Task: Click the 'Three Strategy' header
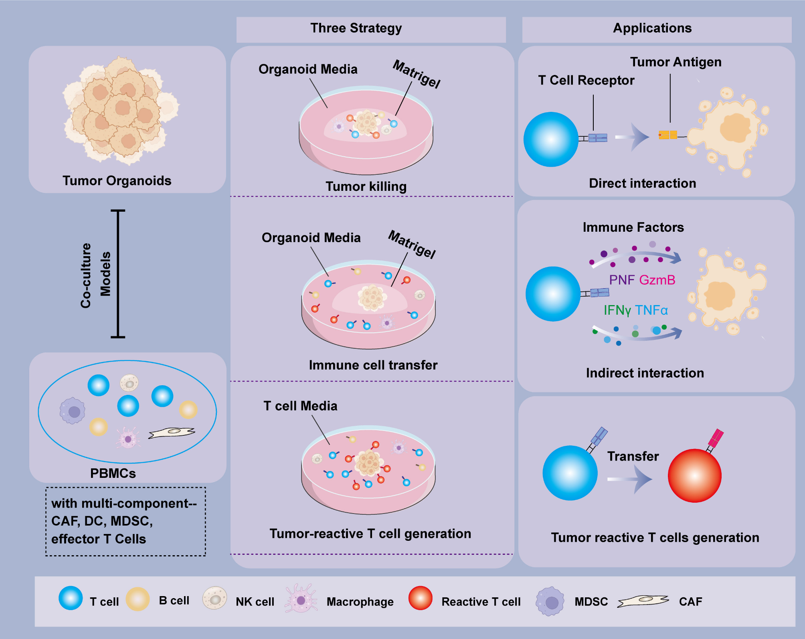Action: [x=356, y=28]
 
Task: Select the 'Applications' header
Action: [x=652, y=28]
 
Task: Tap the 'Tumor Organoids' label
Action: [x=117, y=181]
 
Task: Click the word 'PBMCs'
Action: [x=113, y=473]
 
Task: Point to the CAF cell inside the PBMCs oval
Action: [x=172, y=433]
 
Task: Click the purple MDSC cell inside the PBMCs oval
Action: [x=72, y=411]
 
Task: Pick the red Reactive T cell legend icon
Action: [x=420, y=598]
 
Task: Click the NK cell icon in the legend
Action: [x=214, y=598]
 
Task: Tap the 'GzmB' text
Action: [x=657, y=280]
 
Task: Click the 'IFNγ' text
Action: [x=617, y=310]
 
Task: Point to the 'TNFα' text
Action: [x=651, y=310]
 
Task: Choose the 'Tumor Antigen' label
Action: [x=676, y=62]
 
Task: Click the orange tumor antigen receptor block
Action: [x=668, y=135]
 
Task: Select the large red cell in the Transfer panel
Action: [x=694, y=475]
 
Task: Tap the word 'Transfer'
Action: [x=633, y=456]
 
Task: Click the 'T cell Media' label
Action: [x=300, y=406]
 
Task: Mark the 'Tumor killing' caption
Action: [x=366, y=187]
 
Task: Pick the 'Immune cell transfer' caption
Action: [x=373, y=365]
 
